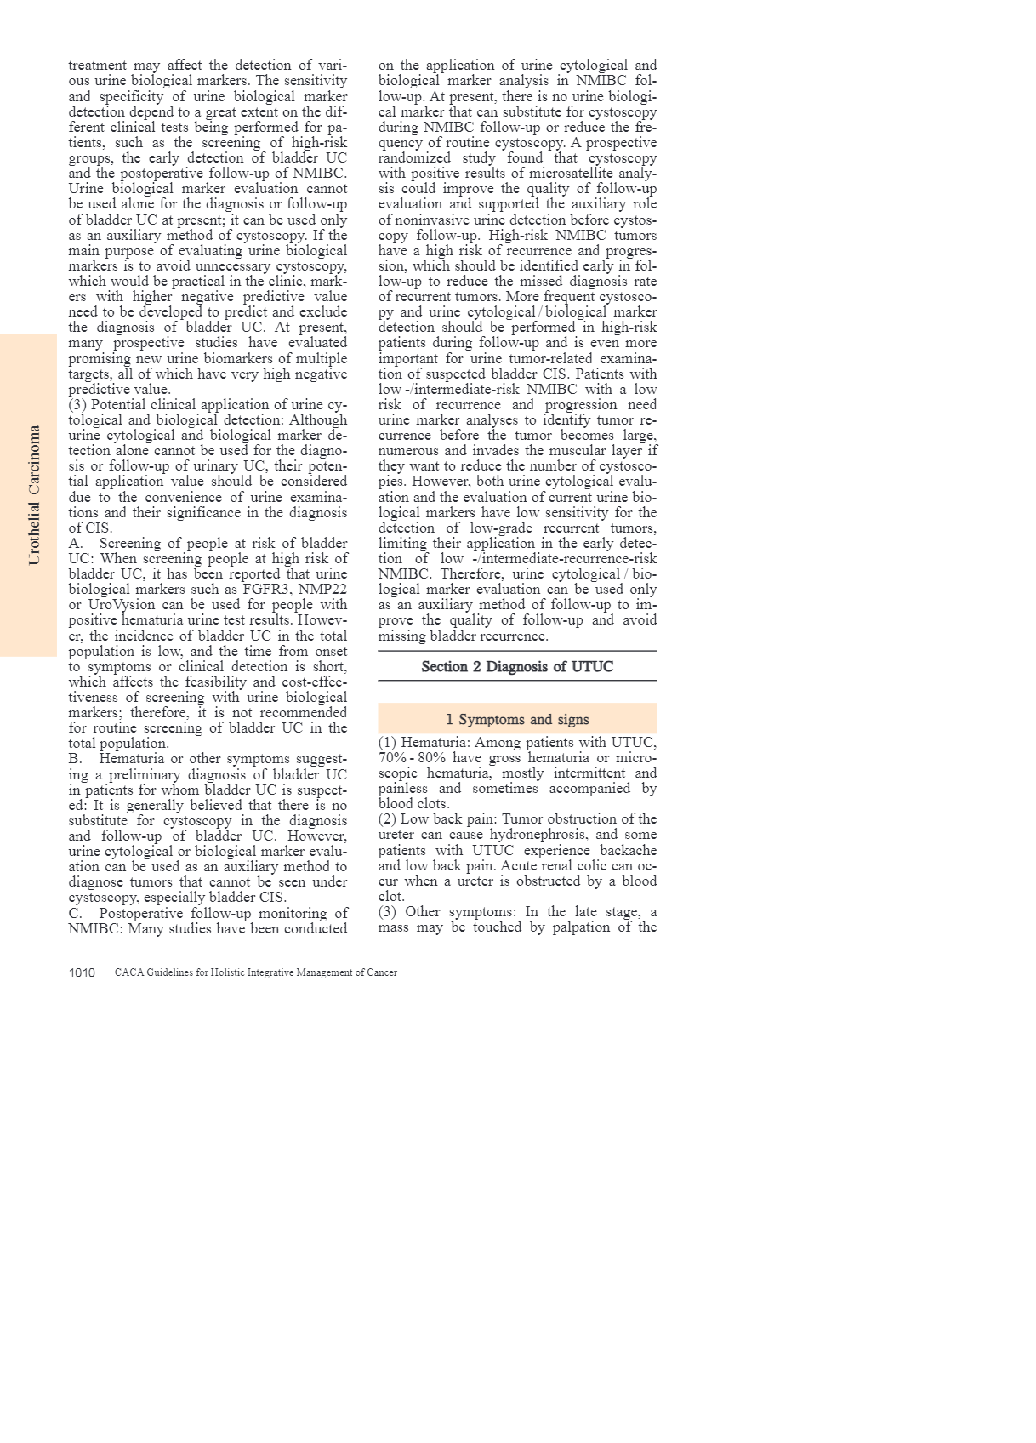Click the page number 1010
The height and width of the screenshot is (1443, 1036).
[x=82, y=972]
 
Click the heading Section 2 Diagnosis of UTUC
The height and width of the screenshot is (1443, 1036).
[x=517, y=667]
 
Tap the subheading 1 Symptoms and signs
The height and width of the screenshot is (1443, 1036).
[x=517, y=720]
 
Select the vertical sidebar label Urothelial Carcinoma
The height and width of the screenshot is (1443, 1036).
[x=34, y=495]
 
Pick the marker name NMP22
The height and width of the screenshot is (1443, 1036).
[x=322, y=590]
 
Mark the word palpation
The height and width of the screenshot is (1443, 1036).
[x=580, y=927]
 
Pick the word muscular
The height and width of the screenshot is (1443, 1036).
[x=567, y=451]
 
